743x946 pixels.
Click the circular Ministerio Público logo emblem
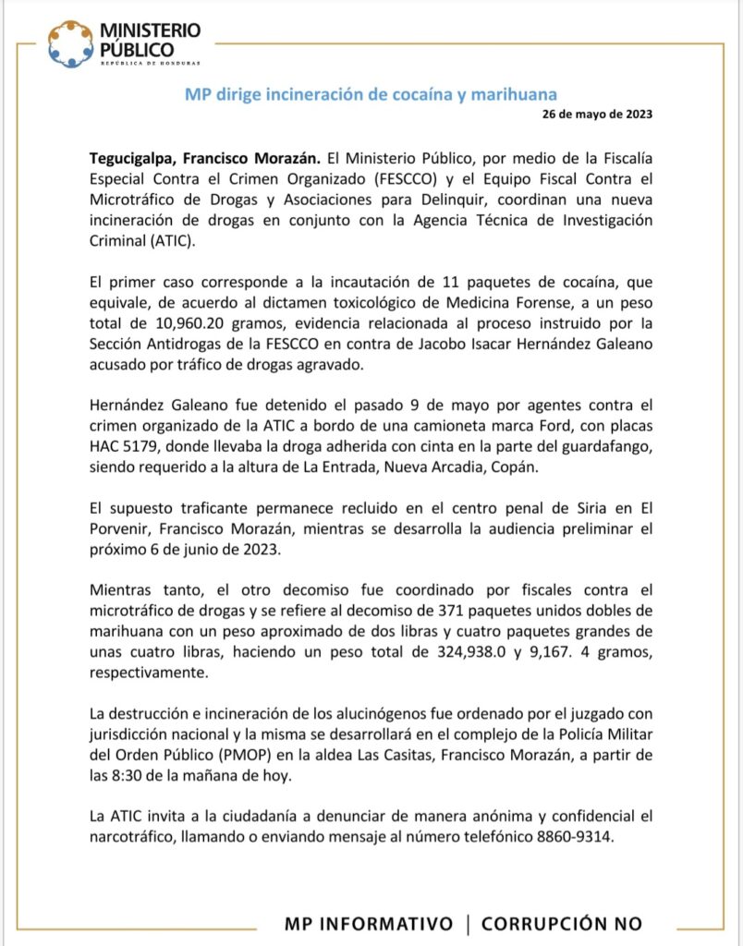70,43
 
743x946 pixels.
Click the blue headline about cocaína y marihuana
371,94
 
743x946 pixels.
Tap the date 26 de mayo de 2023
598,115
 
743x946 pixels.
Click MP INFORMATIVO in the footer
369,924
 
